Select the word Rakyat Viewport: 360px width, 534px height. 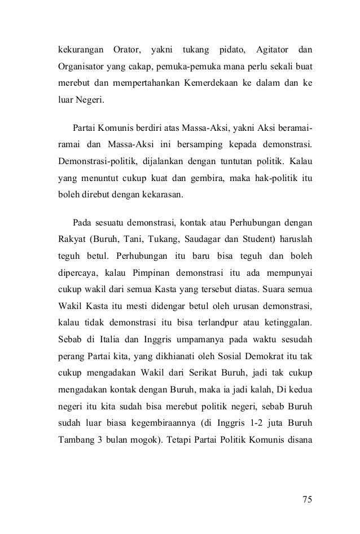point(70,240)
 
